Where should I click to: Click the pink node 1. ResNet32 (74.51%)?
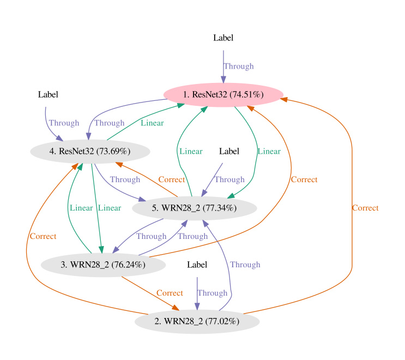[x=223, y=95]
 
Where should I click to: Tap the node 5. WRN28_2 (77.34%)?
[x=195, y=208]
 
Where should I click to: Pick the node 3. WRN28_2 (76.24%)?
[x=103, y=265]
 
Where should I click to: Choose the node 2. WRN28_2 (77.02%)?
[x=197, y=322]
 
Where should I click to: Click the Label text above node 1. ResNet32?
[x=223, y=38]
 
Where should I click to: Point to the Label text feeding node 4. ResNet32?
[x=48, y=95]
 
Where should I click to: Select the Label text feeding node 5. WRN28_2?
[x=229, y=151]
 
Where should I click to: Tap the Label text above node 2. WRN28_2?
[x=197, y=265]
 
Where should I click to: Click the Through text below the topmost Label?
[x=238, y=67]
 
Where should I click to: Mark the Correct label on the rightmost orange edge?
[x=365, y=208]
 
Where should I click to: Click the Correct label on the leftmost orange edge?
[x=43, y=236]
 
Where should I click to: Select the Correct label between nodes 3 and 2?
[x=170, y=293]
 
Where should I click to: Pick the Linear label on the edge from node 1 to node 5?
[x=269, y=151]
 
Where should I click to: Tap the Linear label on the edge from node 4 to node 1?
[x=152, y=123]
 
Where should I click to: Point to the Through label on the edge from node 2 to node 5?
[x=245, y=265]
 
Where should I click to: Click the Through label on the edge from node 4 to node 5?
[x=125, y=179]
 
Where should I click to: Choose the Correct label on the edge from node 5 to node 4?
[x=171, y=179]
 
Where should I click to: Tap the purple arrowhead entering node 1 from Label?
[x=223, y=80]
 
